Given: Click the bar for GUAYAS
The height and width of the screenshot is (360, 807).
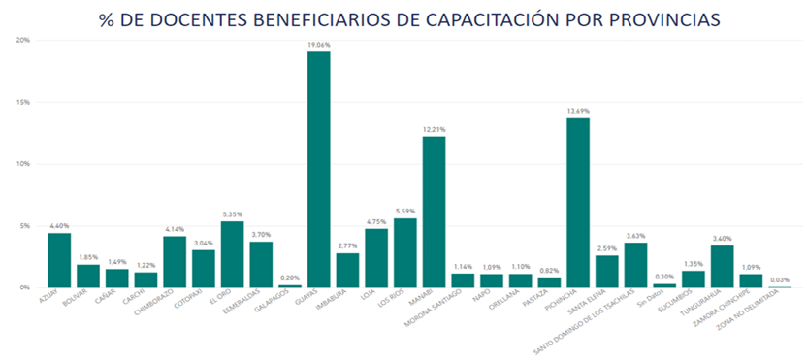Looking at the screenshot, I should pos(319,170).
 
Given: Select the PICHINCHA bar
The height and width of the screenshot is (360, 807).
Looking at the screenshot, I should pos(578,203).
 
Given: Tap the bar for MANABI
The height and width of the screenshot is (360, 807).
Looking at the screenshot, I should pos(434,212).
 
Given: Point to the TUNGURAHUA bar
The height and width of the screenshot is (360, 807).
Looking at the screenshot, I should pos(722,266).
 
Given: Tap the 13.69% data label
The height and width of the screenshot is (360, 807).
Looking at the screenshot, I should pos(578,111).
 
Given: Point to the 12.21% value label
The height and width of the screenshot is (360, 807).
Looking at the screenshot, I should pos(434,129).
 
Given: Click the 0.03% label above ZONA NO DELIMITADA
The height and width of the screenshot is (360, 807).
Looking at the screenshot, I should pos(779,279).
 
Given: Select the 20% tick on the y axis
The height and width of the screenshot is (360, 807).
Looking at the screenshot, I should pos(22,40).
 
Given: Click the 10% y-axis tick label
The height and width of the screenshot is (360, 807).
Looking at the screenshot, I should pos(22,164).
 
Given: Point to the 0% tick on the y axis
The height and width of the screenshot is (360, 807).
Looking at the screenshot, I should pos(24,287).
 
